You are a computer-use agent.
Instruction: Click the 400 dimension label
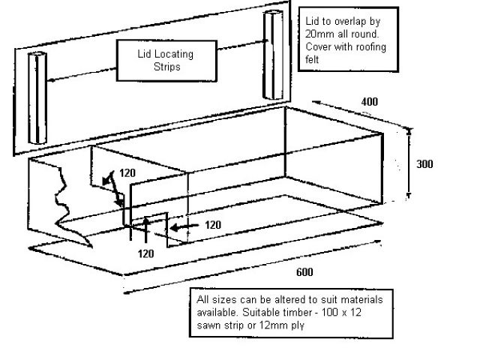pyautogui.click(x=370, y=102)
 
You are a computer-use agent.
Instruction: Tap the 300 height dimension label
pyautogui.click(x=424, y=164)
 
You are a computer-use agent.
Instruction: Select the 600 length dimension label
pyautogui.click(x=304, y=272)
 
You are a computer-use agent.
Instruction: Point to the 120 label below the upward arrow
pyautogui.click(x=145, y=253)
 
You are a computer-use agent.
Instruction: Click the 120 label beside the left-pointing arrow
pyautogui.click(x=213, y=225)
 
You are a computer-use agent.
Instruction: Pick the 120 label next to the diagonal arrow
pyautogui.click(x=127, y=173)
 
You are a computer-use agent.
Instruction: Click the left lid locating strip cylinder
pyautogui.click(x=37, y=98)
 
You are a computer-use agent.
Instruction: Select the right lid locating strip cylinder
pyautogui.click(x=273, y=55)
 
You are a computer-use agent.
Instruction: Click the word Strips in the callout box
pyautogui.click(x=166, y=67)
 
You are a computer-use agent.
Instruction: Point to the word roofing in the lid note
pyautogui.click(x=368, y=47)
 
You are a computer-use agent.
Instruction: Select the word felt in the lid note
pyautogui.click(x=312, y=59)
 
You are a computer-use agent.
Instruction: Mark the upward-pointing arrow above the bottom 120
pyautogui.click(x=146, y=229)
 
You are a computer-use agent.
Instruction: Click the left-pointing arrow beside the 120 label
pyautogui.click(x=184, y=227)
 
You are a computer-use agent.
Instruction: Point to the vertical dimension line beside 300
pyautogui.click(x=409, y=164)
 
